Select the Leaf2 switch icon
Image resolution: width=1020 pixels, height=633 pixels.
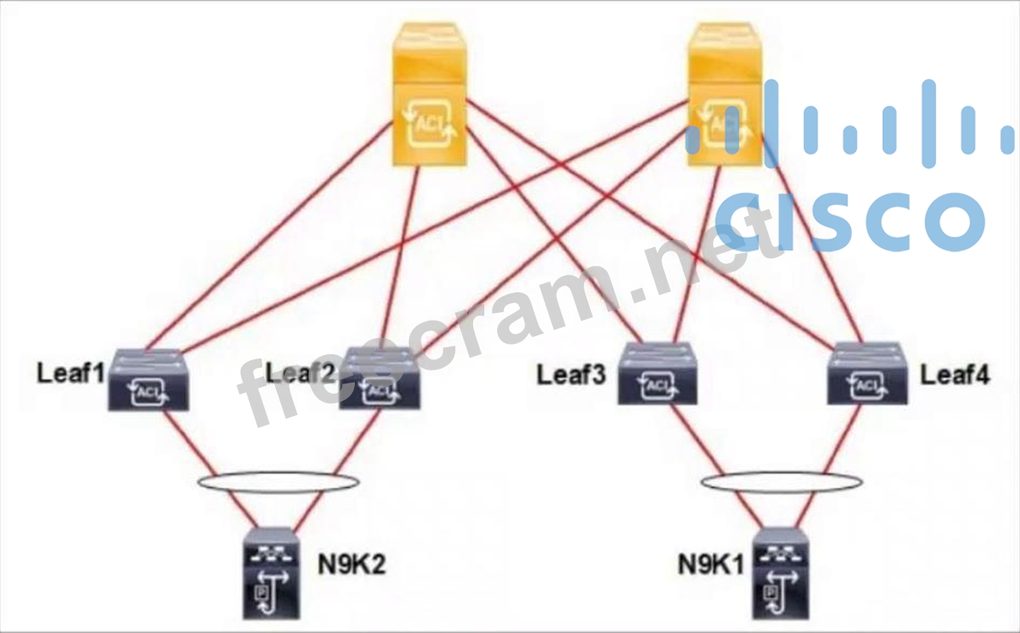coord(380,382)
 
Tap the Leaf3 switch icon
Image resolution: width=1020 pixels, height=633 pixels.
coord(657,376)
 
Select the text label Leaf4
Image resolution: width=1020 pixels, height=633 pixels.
coord(954,375)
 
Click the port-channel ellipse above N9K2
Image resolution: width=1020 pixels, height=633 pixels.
coord(278,481)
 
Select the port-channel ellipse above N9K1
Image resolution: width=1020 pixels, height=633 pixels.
coord(780,483)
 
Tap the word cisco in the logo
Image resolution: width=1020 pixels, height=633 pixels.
coord(849,219)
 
